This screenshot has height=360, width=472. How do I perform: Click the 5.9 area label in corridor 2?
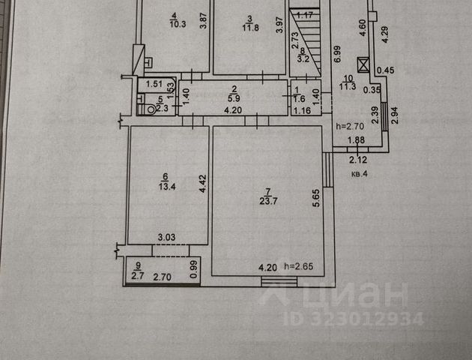point(233,98)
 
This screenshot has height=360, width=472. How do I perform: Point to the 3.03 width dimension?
point(166,238)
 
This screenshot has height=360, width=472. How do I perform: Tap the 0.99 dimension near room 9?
point(193,268)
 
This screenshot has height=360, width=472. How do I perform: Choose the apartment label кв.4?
point(360,174)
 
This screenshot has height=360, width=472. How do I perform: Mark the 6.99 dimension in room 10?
point(338,54)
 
